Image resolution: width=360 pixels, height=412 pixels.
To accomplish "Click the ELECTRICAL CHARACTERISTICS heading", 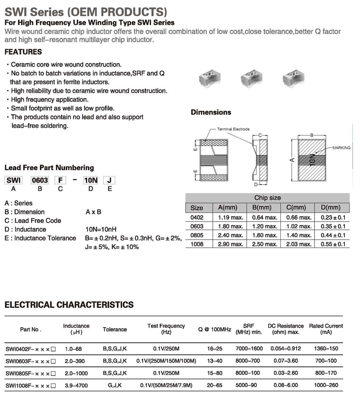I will (x=69, y=305).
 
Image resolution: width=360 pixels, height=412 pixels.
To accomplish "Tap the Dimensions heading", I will (x=211, y=112).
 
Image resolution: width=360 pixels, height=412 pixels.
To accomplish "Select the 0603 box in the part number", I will (x=40, y=180).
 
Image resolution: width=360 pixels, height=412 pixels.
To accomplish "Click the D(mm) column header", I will (x=330, y=207).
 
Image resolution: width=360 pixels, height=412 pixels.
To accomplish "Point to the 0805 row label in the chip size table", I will (x=197, y=235).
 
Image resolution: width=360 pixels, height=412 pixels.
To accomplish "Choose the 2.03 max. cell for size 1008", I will (x=299, y=244).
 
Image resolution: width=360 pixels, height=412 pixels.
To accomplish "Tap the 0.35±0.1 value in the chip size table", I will (x=330, y=226).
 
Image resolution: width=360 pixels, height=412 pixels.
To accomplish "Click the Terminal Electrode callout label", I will (x=233, y=129).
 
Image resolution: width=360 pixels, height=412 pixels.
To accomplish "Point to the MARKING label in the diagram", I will (x=341, y=148).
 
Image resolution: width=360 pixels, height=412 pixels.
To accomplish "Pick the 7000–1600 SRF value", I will (x=249, y=349).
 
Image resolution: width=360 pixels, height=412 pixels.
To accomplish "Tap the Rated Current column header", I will (x=326, y=329).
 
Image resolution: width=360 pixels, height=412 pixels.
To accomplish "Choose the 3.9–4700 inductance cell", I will (x=76, y=385).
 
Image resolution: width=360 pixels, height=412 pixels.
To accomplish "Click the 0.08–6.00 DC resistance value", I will (x=286, y=385).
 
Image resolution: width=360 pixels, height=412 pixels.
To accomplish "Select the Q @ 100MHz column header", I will (x=215, y=329).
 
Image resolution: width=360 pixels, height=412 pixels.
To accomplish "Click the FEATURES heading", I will (x=23, y=52).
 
